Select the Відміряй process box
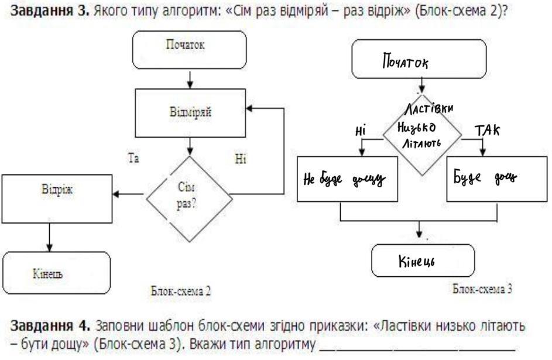tap(190, 113)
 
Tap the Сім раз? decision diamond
tap(188, 195)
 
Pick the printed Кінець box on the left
tap(56, 273)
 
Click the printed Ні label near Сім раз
tap(241, 159)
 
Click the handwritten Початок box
tap(419, 61)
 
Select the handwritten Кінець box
tap(423, 260)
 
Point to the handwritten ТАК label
tap(487, 130)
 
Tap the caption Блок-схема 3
tap(482, 289)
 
